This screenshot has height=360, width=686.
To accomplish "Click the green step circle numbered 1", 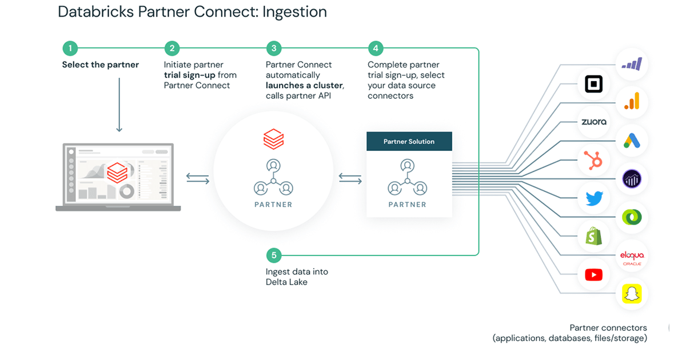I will tap(70, 49).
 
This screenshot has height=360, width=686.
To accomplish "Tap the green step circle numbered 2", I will tap(171, 49).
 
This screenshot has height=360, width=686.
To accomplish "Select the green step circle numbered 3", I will tap(274, 49).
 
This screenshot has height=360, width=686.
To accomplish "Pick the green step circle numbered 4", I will tap(376, 49).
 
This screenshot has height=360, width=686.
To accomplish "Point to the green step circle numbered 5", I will tap(274, 255).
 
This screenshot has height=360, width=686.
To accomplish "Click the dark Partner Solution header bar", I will tap(409, 141).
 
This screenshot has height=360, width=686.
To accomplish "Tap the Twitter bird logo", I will tap(595, 198).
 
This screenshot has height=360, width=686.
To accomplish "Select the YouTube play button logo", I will tap(594, 275).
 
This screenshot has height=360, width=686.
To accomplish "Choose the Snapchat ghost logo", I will tap(632, 294).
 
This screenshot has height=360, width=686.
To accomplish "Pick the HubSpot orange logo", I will tap(595, 160).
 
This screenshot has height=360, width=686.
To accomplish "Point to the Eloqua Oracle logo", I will tap(632, 256).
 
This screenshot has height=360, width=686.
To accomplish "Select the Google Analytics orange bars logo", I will tap(632, 102).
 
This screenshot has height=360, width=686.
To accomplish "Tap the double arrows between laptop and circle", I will tap(198, 179).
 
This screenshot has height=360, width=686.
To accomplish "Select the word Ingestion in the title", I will tap(294, 12).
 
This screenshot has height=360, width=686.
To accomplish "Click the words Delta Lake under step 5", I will tap(286, 282).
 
